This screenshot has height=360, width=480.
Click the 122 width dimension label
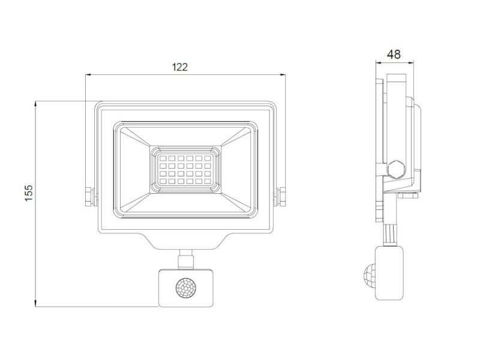coord(179,67)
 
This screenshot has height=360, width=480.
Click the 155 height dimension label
coord(29,193)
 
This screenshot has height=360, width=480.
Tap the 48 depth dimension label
coord(394,55)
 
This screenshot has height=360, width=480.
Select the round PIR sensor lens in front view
coord(186,287)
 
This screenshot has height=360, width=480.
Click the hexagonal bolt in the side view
coord(396,169)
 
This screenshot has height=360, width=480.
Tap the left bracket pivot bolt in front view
coord(89,197)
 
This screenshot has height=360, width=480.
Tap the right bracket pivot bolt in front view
coord(281,197)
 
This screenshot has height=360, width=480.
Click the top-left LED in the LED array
coord(163,158)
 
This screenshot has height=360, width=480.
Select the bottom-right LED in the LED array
coord(208,181)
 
